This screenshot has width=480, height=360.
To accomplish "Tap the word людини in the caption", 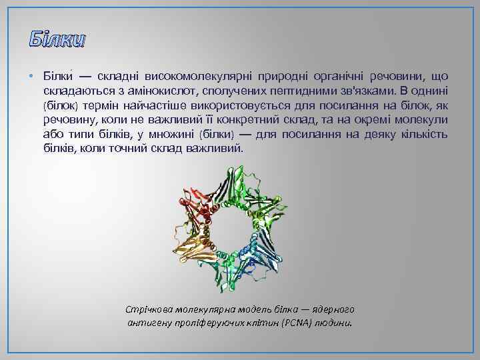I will coord(335,323).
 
